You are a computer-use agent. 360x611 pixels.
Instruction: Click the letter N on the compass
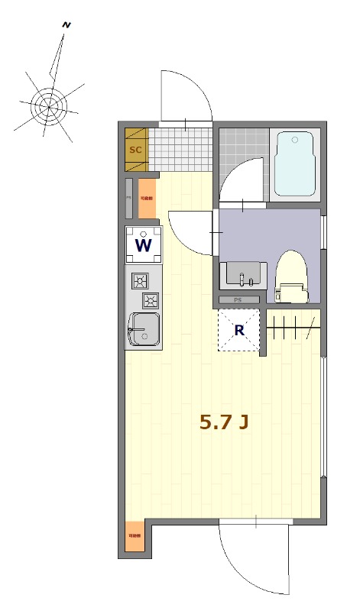point(67,25)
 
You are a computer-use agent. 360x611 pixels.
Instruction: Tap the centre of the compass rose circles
point(48,106)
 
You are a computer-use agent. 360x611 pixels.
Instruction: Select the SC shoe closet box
point(136,150)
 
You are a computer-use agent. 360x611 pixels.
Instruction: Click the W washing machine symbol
point(143,244)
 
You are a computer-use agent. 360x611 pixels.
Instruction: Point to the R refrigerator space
point(239,331)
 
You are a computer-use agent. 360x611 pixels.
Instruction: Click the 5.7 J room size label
point(223,422)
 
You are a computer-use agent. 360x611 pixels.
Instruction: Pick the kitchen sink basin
point(144,329)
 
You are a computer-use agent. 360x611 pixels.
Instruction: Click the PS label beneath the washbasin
point(238,300)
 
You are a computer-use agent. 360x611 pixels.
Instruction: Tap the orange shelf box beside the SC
point(147,197)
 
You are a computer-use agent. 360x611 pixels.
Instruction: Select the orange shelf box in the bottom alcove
point(134,537)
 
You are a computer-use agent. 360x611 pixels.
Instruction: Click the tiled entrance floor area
point(180,149)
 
